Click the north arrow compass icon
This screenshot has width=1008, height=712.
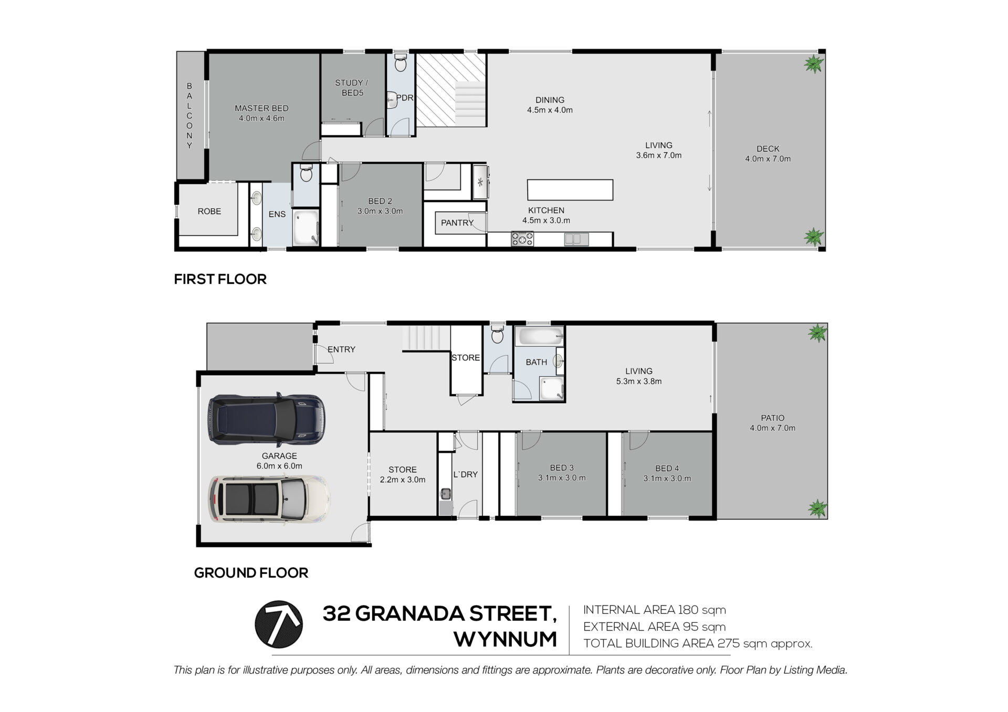278,624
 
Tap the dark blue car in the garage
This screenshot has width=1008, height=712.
267,419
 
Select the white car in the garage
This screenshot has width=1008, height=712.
270,500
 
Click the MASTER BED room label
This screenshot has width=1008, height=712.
261,108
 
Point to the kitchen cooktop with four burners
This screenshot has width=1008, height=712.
522,239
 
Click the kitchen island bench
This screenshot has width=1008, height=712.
570,189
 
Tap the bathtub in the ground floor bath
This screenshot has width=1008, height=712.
540,336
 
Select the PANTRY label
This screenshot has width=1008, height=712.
457,222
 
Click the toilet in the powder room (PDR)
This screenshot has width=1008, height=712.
401,62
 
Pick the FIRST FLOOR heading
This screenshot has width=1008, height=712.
220,279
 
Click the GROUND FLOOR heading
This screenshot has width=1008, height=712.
251,572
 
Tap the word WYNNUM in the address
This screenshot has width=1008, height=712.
505,639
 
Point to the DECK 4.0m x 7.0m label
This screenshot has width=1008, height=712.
768,154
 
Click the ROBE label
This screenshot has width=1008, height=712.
209,211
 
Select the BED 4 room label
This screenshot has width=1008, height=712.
667,468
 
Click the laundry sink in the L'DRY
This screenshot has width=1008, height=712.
446,494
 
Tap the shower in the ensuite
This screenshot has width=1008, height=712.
306,227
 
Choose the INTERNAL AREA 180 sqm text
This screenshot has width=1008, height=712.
655,610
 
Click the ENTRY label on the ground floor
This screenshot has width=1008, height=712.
341,349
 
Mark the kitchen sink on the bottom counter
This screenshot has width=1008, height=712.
576,239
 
